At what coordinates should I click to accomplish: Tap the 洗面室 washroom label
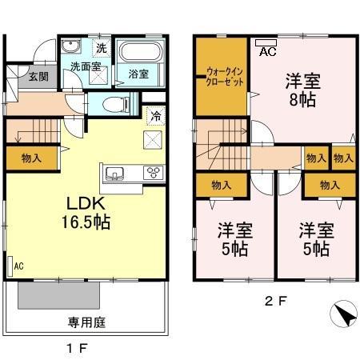(85, 67)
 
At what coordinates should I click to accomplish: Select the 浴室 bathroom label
(138, 74)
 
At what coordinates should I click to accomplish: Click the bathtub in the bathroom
(141, 52)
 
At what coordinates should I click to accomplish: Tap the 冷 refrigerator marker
(157, 115)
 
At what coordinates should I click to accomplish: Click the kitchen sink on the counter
(114, 174)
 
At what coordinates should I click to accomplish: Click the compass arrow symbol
(342, 315)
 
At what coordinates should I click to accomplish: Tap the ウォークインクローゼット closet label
(221, 78)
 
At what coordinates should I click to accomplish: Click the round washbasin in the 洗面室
(70, 46)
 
